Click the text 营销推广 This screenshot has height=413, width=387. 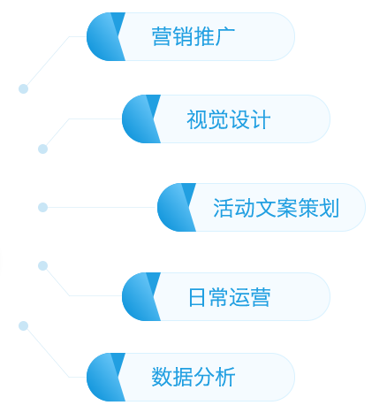click(x=193, y=36)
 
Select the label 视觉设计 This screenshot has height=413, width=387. click(x=229, y=119)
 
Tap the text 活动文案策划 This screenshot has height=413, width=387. click(x=276, y=208)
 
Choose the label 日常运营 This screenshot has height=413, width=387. click(x=229, y=297)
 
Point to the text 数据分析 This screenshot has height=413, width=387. click(x=193, y=377)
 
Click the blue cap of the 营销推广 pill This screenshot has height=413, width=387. click(x=104, y=36)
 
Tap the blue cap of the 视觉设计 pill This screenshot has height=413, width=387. click(x=140, y=119)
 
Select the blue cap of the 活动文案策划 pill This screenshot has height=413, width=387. click(x=175, y=207)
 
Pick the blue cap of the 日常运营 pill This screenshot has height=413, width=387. click(x=140, y=296)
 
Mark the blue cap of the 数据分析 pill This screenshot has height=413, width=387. click(x=104, y=377)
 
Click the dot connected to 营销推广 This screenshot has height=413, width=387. click(x=23, y=88)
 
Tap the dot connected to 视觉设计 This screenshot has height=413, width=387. click(x=42, y=149)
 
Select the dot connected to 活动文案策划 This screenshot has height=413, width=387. click(x=42, y=207)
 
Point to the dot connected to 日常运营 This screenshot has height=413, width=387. click(x=42, y=265)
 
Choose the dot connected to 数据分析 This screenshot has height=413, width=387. click(x=23, y=325)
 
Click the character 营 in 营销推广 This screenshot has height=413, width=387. click(x=162, y=36)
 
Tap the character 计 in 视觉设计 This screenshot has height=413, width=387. click(x=261, y=119)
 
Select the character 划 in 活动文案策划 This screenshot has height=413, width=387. click(x=330, y=208)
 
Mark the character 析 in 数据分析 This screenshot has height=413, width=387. click(x=225, y=377)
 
